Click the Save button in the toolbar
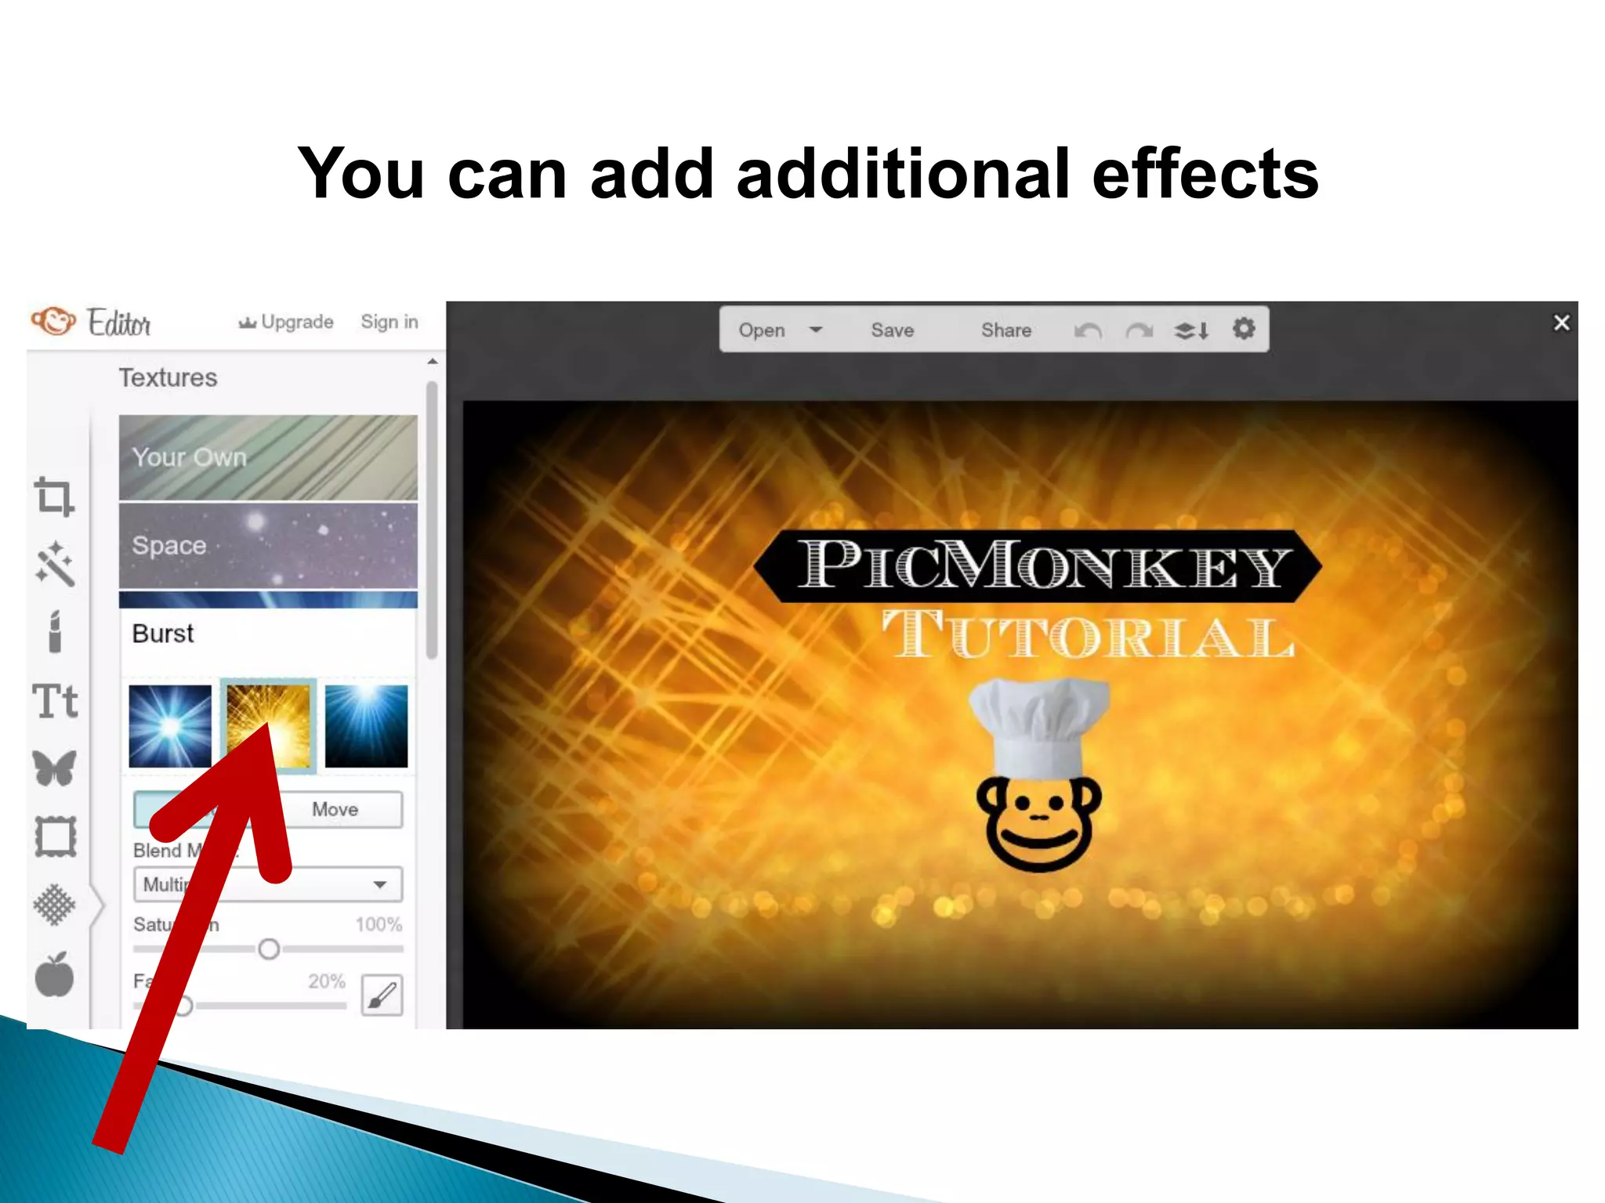pyautogui.click(x=892, y=330)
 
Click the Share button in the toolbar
pyautogui.click(x=1005, y=330)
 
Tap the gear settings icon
pyautogui.click(x=1244, y=329)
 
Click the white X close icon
pyautogui.click(x=1561, y=323)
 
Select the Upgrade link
pyautogui.click(x=287, y=322)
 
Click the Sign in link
pyautogui.click(x=389, y=322)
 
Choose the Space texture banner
pyautogui.click(x=268, y=546)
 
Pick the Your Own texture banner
pyautogui.click(x=268, y=457)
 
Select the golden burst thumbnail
pyautogui.click(x=269, y=725)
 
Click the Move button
pyautogui.click(x=335, y=809)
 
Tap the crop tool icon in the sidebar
pyautogui.click(x=54, y=497)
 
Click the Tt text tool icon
pyautogui.click(x=55, y=701)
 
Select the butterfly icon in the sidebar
pyautogui.click(x=55, y=768)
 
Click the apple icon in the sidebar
pyautogui.click(x=54, y=976)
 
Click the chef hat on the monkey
pyautogui.click(x=1039, y=724)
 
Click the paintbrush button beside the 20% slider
pyautogui.click(x=382, y=995)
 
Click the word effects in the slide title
pyautogui.click(x=1205, y=174)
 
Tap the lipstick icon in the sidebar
pyautogui.click(x=55, y=631)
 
